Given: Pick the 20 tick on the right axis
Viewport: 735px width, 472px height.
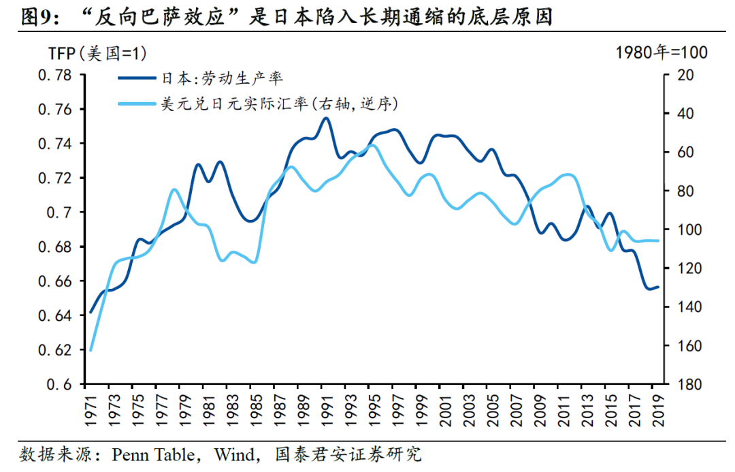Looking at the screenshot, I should [681, 75].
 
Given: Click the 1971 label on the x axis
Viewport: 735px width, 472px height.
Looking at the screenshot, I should [90, 409].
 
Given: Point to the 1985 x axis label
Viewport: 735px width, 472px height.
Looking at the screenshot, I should [255, 409].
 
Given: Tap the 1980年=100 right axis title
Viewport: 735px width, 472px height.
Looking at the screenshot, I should [661, 52].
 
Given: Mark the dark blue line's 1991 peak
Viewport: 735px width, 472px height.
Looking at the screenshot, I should [325, 118].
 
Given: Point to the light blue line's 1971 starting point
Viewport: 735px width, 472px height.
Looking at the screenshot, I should [91, 351].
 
